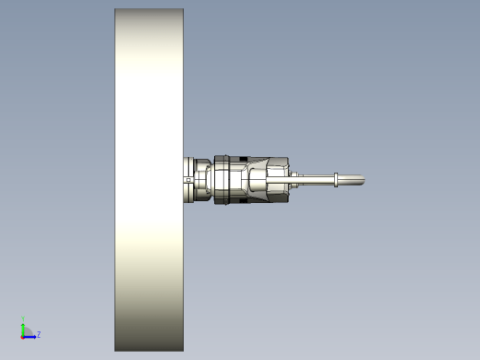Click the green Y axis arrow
(x=23, y=330)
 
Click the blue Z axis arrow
(x=30, y=337)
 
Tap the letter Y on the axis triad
(x=23, y=318)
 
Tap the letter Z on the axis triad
(x=39, y=334)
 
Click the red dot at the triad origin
(x=22, y=337)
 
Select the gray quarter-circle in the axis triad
(x=29, y=332)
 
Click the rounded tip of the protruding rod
(x=363, y=180)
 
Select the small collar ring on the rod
(x=336, y=180)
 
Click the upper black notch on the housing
(x=243, y=159)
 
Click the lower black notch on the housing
(x=243, y=201)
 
